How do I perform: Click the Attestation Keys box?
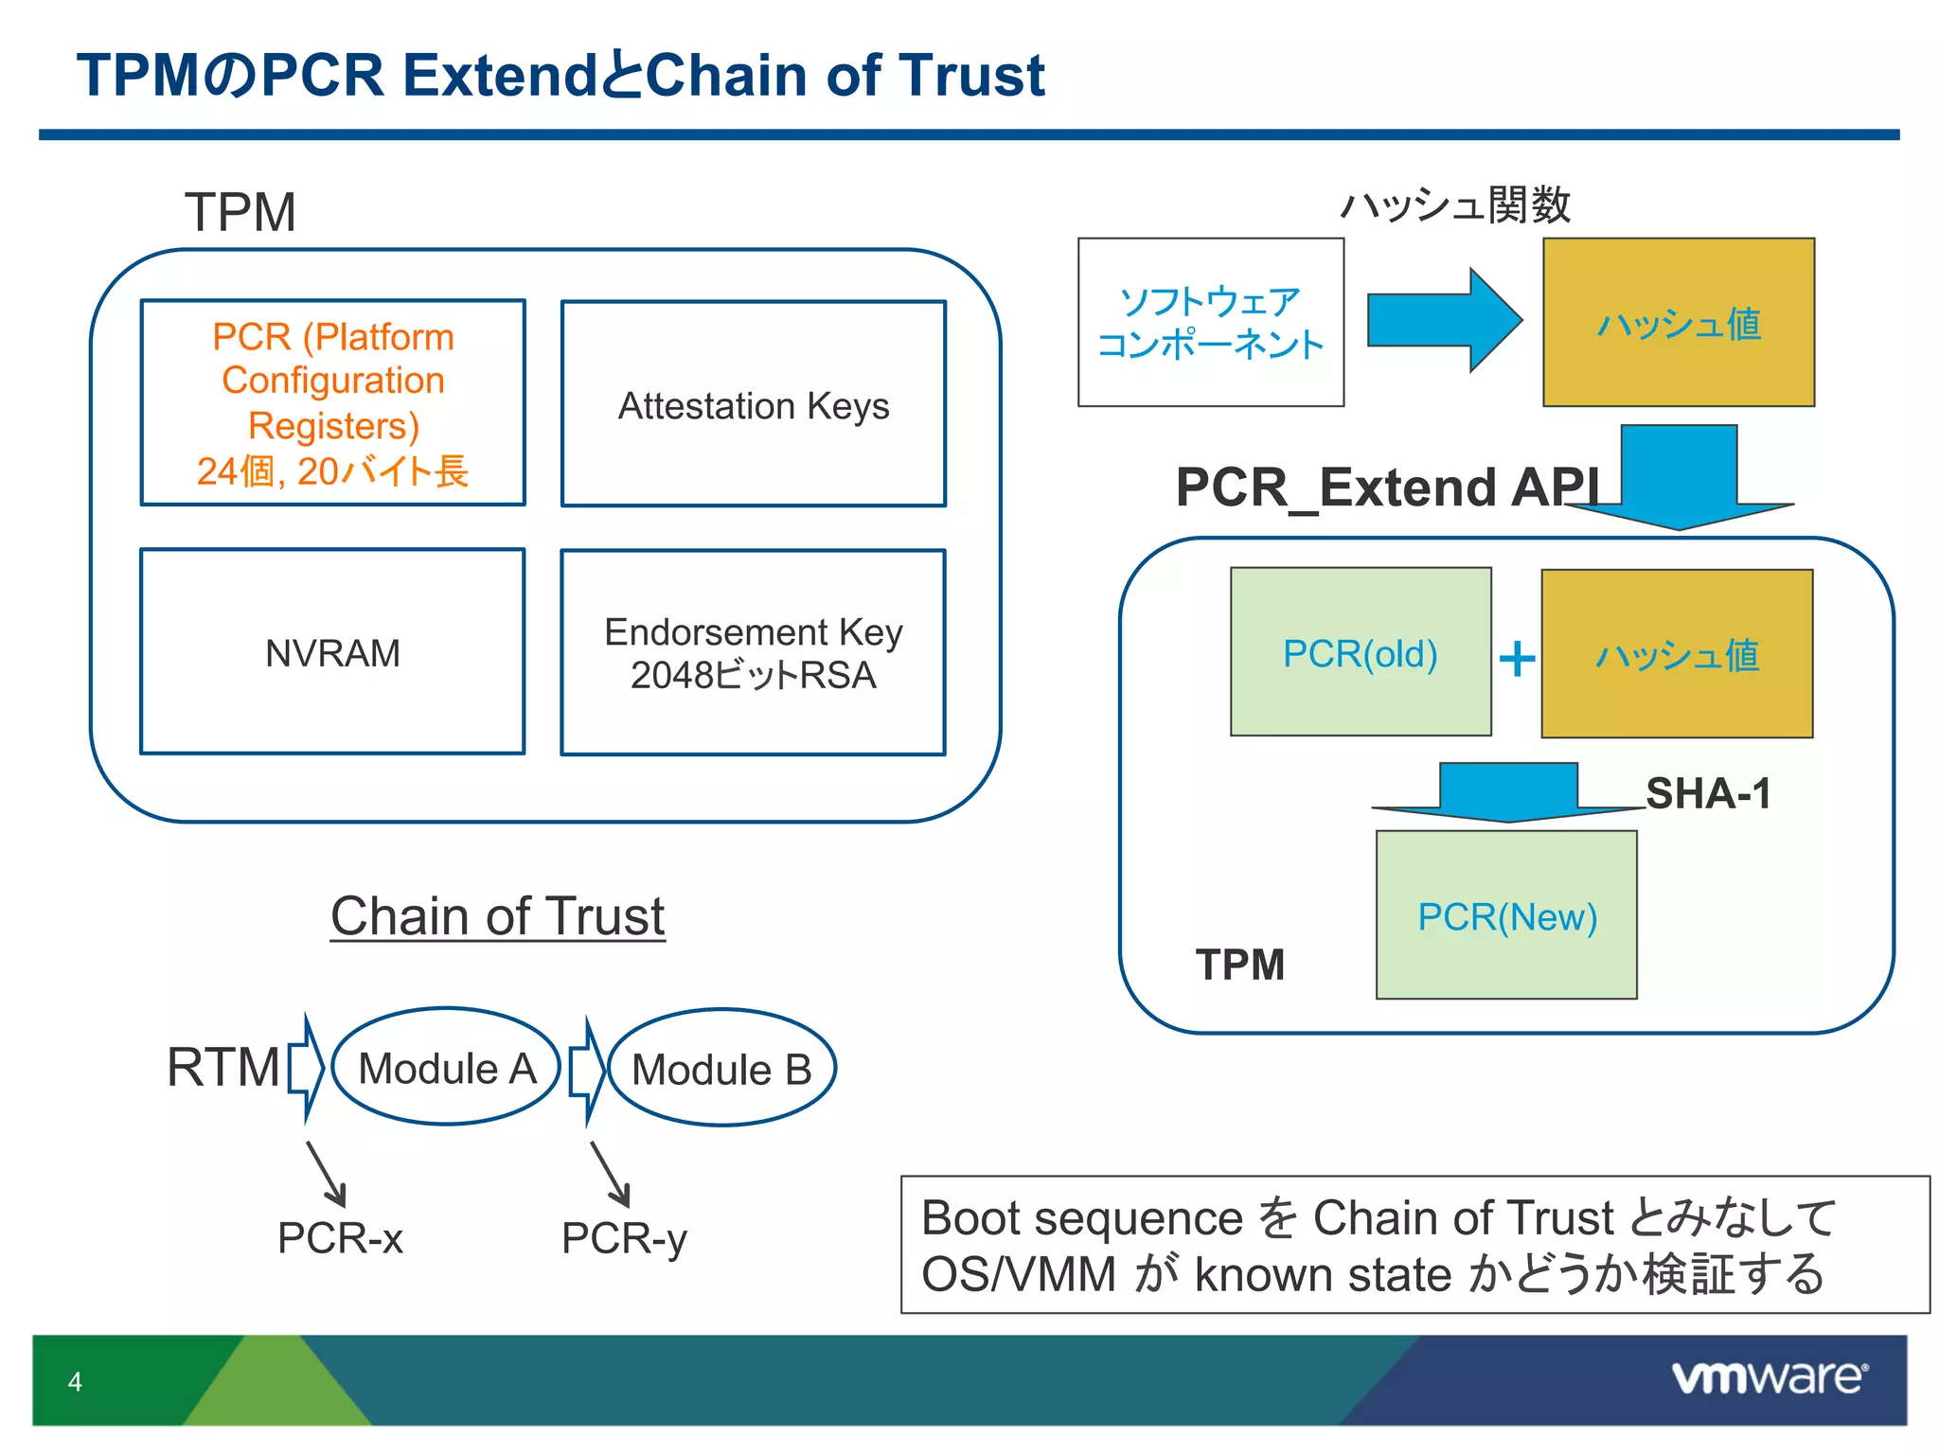click(x=753, y=404)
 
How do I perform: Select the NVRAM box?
click(x=332, y=651)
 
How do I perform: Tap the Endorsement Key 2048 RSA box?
click(x=753, y=652)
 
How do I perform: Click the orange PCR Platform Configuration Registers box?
click(x=332, y=403)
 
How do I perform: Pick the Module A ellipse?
click(x=446, y=1067)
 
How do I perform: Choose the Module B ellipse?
click(x=721, y=1069)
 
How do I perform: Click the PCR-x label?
click(x=340, y=1237)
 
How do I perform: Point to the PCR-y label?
click(x=624, y=1237)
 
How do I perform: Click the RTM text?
click(x=223, y=1067)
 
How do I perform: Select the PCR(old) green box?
click(x=1361, y=652)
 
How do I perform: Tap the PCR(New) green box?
click(x=1506, y=915)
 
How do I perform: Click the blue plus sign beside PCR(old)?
click(x=1517, y=658)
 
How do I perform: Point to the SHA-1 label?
click(x=1708, y=793)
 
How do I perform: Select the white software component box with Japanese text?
click(x=1210, y=322)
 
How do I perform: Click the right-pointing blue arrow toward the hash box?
click(x=1444, y=320)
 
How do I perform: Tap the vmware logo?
click(x=1769, y=1377)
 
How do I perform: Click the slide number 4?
click(x=75, y=1381)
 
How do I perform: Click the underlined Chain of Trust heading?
click(x=497, y=915)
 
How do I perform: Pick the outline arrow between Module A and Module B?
click(x=587, y=1071)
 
